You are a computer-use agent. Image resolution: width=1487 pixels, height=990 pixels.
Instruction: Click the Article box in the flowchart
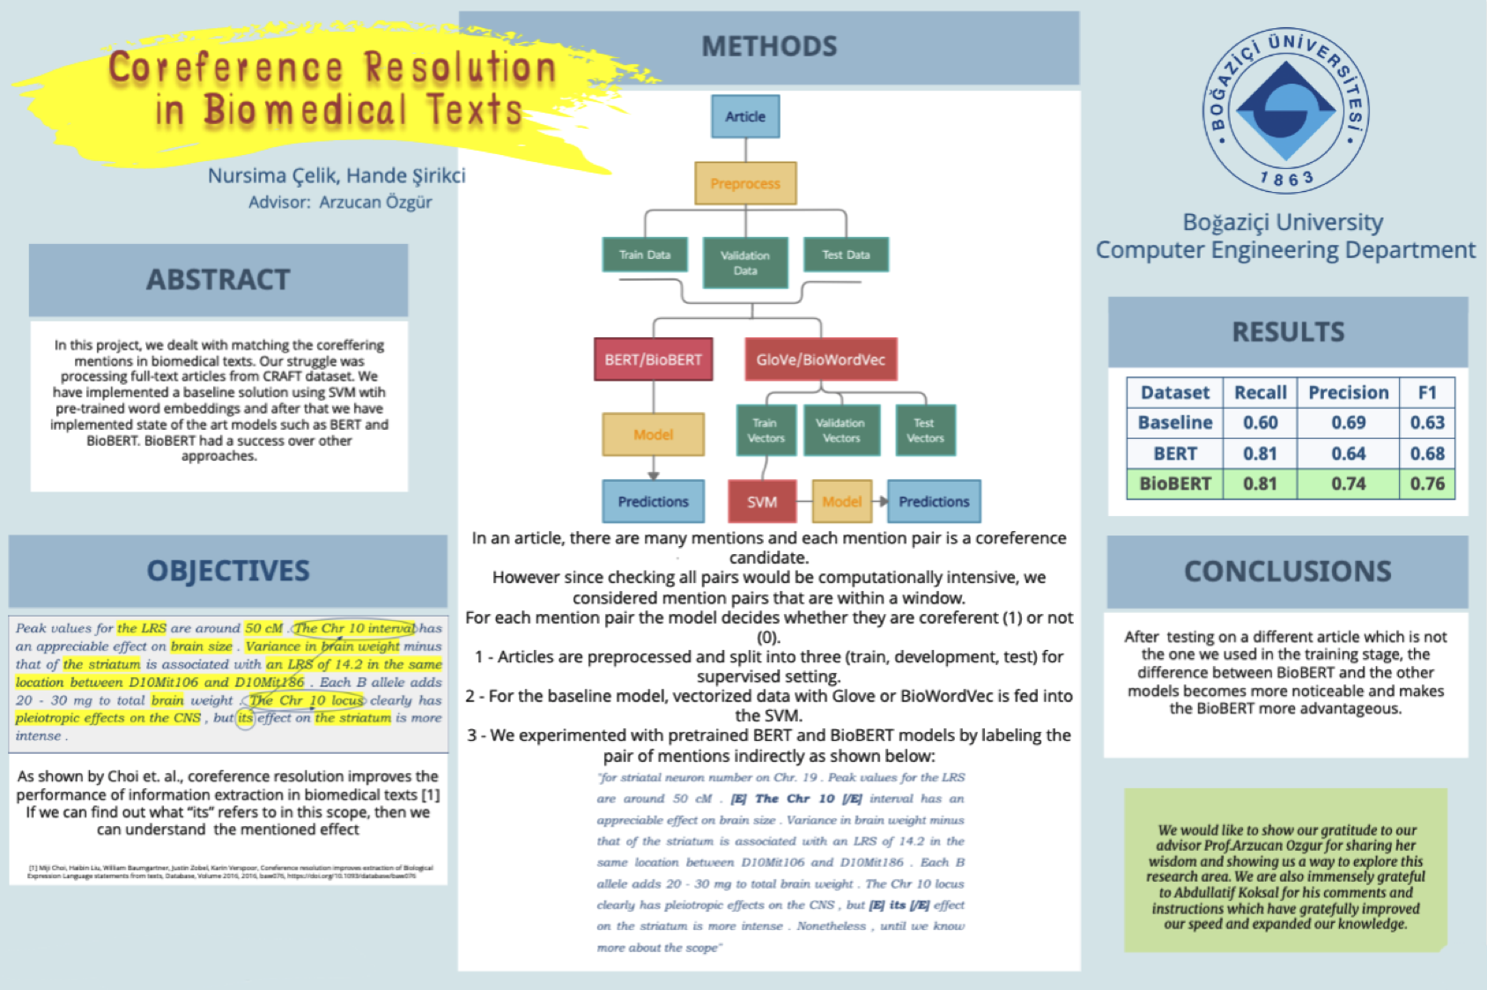[x=745, y=116]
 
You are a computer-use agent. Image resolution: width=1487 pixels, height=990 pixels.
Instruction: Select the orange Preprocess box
[x=745, y=183]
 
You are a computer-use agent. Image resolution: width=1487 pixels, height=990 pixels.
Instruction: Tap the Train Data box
[x=645, y=255]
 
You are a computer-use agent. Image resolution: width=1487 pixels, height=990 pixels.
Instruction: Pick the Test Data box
[x=846, y=255]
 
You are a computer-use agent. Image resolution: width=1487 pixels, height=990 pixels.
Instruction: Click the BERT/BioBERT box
[x=653, y=359]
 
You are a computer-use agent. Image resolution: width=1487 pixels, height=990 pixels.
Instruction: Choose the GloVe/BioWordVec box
[x=820, y=359]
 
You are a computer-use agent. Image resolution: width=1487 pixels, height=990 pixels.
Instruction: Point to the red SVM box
[x=762, y=502]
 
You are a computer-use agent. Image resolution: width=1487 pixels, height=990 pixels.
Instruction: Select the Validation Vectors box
[x=841, y=430]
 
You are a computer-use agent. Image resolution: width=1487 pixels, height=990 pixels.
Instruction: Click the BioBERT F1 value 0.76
[x=1427, y=484]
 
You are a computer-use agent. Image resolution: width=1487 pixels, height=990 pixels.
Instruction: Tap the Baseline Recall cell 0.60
[x=1260, y=423]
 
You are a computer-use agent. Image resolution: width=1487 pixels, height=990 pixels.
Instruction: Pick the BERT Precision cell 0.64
[x=1348, y=454]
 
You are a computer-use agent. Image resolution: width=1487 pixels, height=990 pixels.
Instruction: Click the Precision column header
[x=1348, y=393]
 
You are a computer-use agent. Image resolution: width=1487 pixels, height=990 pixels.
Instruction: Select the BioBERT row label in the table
[x=1175, y=484]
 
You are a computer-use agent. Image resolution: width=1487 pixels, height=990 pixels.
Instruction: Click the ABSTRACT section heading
[x=218, y=280]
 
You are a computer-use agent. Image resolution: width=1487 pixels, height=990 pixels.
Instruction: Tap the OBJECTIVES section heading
[x=228, y=571]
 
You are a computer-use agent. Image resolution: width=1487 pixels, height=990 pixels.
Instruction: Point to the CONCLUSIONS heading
[x=1287, y=572]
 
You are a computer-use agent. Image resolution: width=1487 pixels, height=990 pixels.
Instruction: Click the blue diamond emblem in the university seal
[x=1285, y=110]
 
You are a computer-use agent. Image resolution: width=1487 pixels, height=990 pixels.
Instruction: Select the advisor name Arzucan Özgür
[x=375, y=203]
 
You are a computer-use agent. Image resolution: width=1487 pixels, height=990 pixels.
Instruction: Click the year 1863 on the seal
[x=1286, y=179]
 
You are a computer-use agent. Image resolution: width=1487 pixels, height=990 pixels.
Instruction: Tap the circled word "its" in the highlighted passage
[x=245, y=719]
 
